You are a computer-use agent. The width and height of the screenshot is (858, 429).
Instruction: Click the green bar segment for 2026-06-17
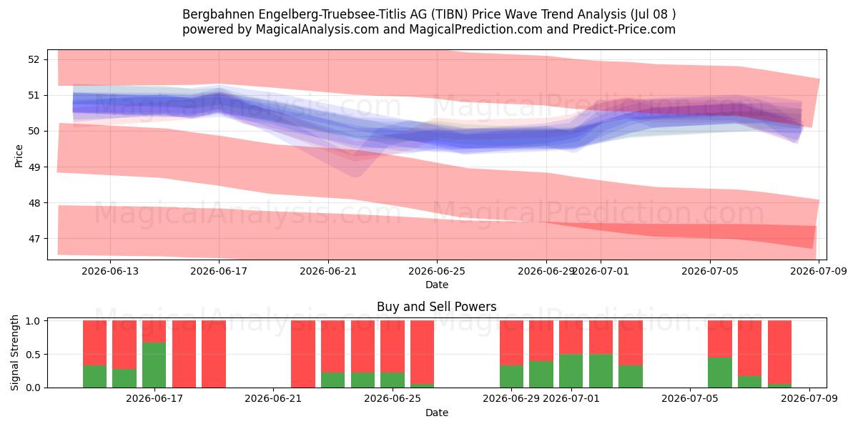pyautogui.click(x=154, y=365)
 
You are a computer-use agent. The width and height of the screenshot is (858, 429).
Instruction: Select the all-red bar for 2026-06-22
pyautogui.click(x=303, y=354)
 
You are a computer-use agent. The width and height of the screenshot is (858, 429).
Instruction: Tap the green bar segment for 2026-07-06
pyautogui.click(x=720, y=373)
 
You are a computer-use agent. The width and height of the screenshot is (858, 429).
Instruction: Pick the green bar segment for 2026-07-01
pyautogui.click(x=571, y=371)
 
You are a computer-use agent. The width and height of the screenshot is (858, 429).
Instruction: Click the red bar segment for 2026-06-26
pyautogui.click(x=422, y=352)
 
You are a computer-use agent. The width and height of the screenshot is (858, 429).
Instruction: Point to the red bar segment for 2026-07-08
pyautogui.click(x=779, y=352)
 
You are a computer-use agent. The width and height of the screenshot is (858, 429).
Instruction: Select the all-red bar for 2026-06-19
pyautogui.click(x=214, y=354)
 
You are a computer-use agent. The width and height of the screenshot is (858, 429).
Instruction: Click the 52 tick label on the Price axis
pyautogui.click(x=34, y=59)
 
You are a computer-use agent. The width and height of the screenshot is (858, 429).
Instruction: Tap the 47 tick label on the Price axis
pyautogui.click(x=34, y=239)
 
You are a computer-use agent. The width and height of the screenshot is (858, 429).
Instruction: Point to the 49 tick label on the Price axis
pyautogui.click(x=34, y=167)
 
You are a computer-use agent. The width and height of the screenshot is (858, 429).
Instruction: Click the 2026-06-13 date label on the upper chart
pyautogui.click(x=110, y=271)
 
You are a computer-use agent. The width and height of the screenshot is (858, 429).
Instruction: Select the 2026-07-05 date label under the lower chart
pyautogui.click(x=690, y=399)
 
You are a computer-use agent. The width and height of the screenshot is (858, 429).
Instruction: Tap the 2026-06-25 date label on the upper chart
pyautogui.click(x=437, y=271)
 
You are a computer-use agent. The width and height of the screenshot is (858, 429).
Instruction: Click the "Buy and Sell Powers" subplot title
pyautogui.click(x=437, y=307)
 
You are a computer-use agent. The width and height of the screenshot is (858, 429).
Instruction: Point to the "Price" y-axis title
pyautogui.click(x=19, y=156)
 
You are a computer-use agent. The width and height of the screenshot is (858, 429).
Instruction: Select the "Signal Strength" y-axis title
pyautogui.click(x=14, y=352)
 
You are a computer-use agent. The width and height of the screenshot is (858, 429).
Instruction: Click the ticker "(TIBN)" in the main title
pyautogui.click(x=449, y=14)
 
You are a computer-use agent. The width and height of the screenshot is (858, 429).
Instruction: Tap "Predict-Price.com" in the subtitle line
pyautogui.click(x=624, y=29)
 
